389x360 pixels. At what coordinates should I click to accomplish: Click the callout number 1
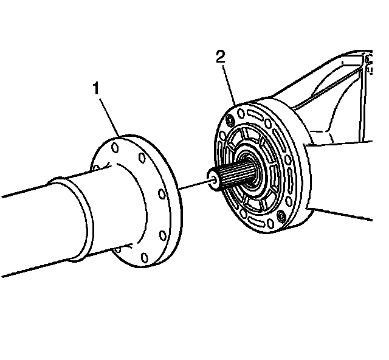tap(95, 89)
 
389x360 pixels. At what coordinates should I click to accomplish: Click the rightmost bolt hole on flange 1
tap(162, 195)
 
